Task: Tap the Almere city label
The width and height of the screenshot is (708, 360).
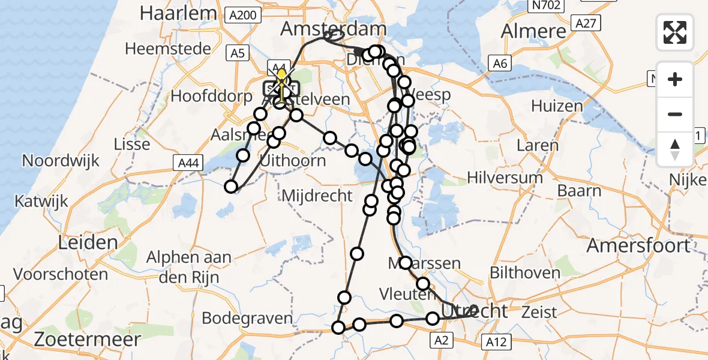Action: [533, 31]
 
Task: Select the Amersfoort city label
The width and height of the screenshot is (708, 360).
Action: [638, 245]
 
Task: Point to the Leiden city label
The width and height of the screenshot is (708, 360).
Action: [88, 242]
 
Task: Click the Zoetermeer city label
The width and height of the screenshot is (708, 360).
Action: [88, 339]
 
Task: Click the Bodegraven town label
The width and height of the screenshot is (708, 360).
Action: [247, 318]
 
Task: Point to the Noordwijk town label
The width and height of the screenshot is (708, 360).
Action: [61, 161]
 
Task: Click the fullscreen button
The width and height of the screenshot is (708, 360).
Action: [675, 32]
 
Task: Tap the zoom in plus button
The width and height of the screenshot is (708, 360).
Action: [675, 79]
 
